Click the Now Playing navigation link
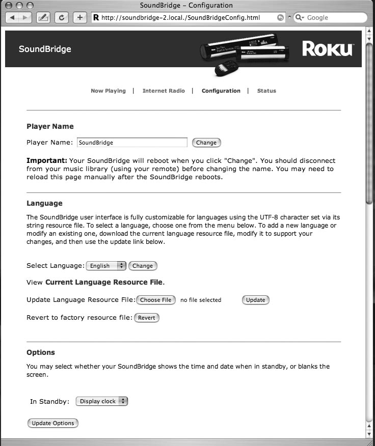pos(108,91)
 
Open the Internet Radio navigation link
pos(164,91)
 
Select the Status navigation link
pos(266,91)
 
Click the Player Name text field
pos(132,143)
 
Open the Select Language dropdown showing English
pos(106,265)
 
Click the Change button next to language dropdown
pos(143,265)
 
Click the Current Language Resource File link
pos(104,282)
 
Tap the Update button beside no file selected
pos(255,300)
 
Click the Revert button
pos(147,318)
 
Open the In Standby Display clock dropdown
pos(101,401)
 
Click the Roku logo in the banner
pos(327,49)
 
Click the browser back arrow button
pos(12,17)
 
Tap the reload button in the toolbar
pos(62,17)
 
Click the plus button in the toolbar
pos(80,17)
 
